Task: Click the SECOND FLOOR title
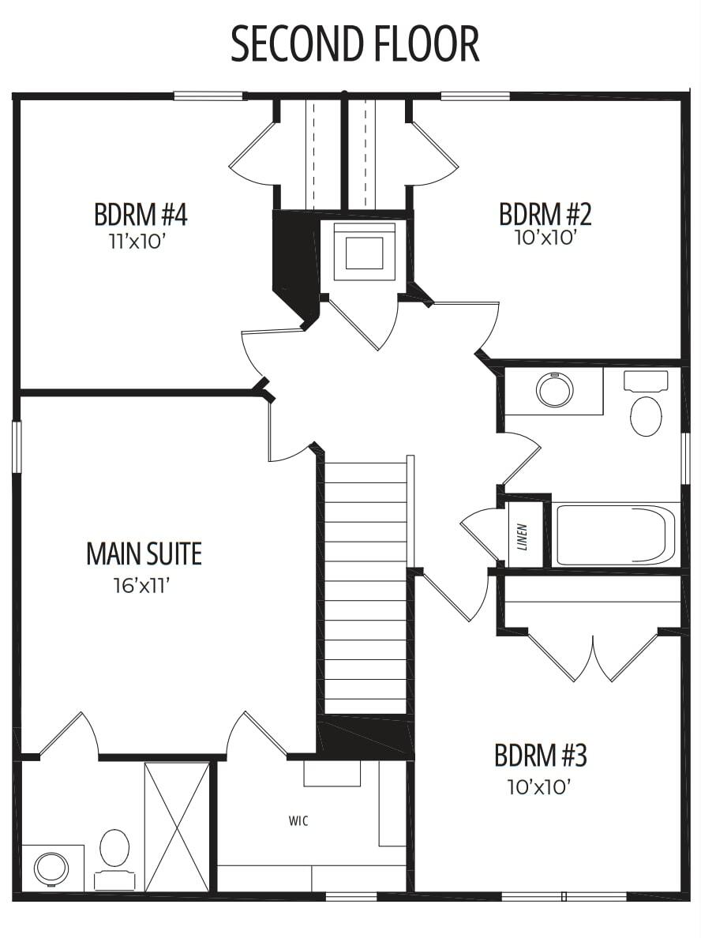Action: click(354, 44)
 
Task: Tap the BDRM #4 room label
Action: click(141, 215)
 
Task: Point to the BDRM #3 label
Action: click(540, 756)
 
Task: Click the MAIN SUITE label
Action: click(144, 554)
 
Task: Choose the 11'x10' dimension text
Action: click(137, 242)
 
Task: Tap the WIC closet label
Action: click(298, 821)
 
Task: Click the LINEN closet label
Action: click(523, 537)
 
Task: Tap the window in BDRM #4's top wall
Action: click(208, 96)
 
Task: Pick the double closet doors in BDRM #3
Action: click(593, 655)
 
